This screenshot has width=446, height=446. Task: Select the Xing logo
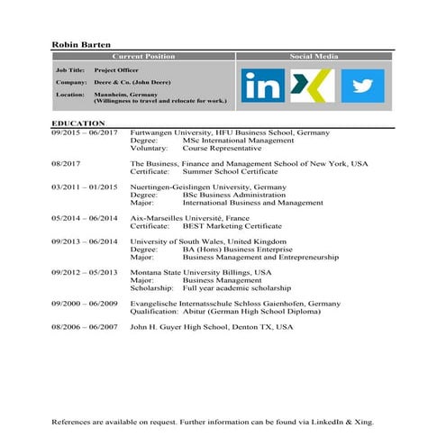[x=313, y=86]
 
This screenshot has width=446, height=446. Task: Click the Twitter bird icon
[x=362, y=86]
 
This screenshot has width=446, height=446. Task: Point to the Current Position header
[x=143, y=56]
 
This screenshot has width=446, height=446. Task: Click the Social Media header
[x=314, y=56]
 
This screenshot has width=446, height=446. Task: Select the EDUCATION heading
[x=78, y=123]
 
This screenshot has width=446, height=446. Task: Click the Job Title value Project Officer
[x=118, y=69]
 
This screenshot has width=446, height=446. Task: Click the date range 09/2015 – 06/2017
[x=85, y=133]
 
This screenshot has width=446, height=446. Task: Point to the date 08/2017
[x=66, y=164]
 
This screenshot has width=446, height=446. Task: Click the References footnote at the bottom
[x=212, y=422]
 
